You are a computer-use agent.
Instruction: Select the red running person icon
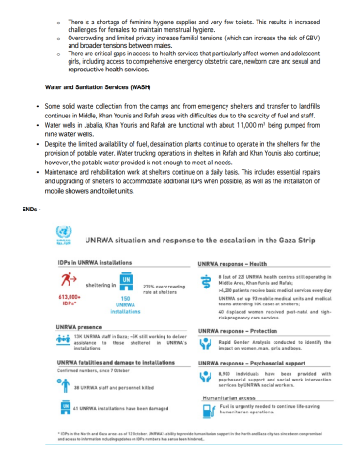[x=68, y=280]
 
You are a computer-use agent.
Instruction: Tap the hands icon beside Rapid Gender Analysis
[x=203, y=345]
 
